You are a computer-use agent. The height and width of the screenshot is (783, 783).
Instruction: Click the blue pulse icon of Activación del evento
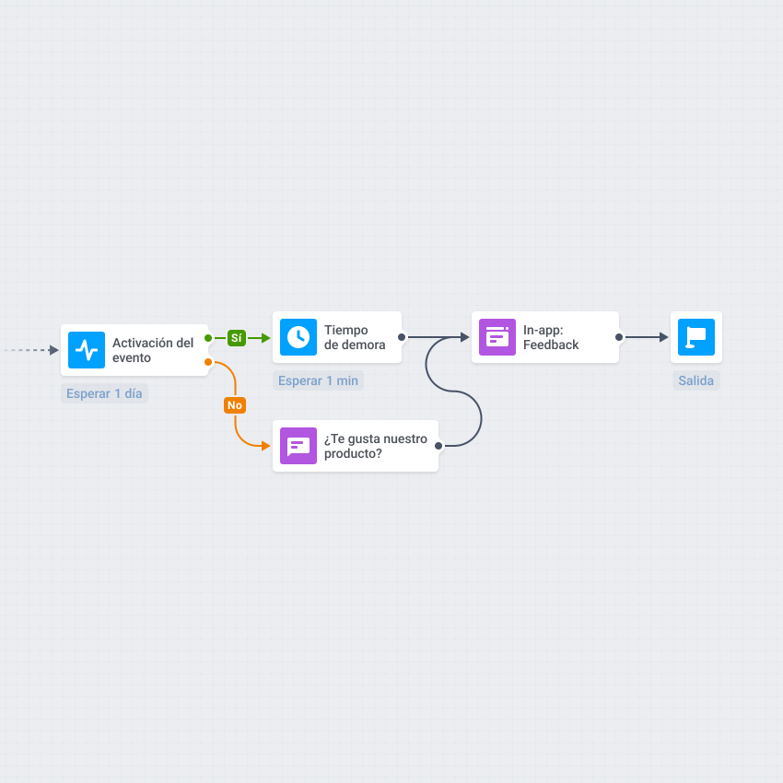[x=87, y=350]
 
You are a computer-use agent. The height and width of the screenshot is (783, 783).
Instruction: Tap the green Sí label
[x=237, y=338]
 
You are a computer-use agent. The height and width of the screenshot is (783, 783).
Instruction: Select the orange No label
[x=235, y=405]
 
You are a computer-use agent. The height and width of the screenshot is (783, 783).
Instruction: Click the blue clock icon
[x=298, y=337]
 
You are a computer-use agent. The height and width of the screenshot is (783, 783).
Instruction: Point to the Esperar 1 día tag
[x=104, y=393]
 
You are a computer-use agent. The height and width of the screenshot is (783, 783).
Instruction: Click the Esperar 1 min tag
[x=318, y=380]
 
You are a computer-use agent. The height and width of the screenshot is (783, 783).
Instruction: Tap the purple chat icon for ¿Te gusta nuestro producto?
[x=298, y=446]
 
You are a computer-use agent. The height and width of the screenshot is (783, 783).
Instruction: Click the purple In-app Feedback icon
[x=497, y=337]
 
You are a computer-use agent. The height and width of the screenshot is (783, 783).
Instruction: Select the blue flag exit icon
[x=696, y=337]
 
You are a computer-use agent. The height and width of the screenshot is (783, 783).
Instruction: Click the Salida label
[x=696, y=380]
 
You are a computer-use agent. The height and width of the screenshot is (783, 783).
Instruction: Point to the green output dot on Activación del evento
[x=208, y=338]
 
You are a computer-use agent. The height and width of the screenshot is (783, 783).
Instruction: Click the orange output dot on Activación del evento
[x=208, y=362]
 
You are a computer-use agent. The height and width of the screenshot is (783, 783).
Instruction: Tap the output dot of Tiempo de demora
[x=402, y=337]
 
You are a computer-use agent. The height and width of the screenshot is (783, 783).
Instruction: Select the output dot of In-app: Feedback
[x=619, y=337]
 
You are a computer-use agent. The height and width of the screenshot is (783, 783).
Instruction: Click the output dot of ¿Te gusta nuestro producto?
[x=438, y=446]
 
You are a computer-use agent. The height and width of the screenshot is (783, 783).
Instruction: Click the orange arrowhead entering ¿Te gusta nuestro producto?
[x=265, y=446]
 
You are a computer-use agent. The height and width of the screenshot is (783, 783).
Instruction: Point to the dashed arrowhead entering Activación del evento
[x=54, y=350]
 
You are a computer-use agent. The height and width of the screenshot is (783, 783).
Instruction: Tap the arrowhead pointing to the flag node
[x=663, y=337]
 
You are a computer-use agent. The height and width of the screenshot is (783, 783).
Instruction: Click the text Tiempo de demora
[x=355, y=337]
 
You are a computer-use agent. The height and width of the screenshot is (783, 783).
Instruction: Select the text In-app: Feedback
[x=551, y=337]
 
